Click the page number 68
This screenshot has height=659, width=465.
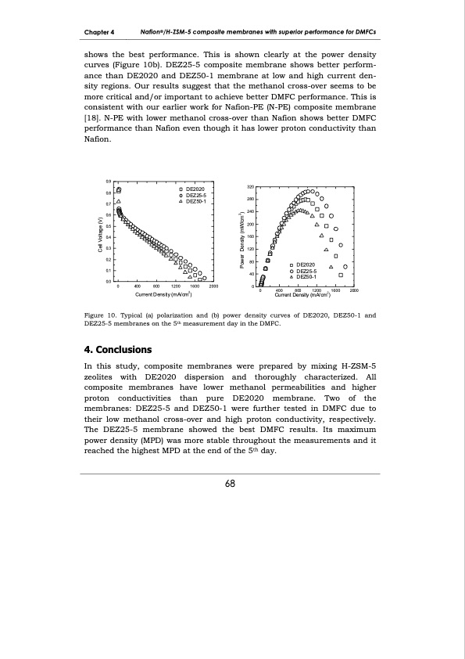pyautogui.click(x=231, y=483)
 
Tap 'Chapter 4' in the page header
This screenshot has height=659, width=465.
pyautogui.click(x=100, y=32)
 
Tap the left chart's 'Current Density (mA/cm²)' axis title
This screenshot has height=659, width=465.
pyautogui.click(x=164, y=294)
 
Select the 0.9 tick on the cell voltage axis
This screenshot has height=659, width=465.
pyautogui.click(x=108, y=182)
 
